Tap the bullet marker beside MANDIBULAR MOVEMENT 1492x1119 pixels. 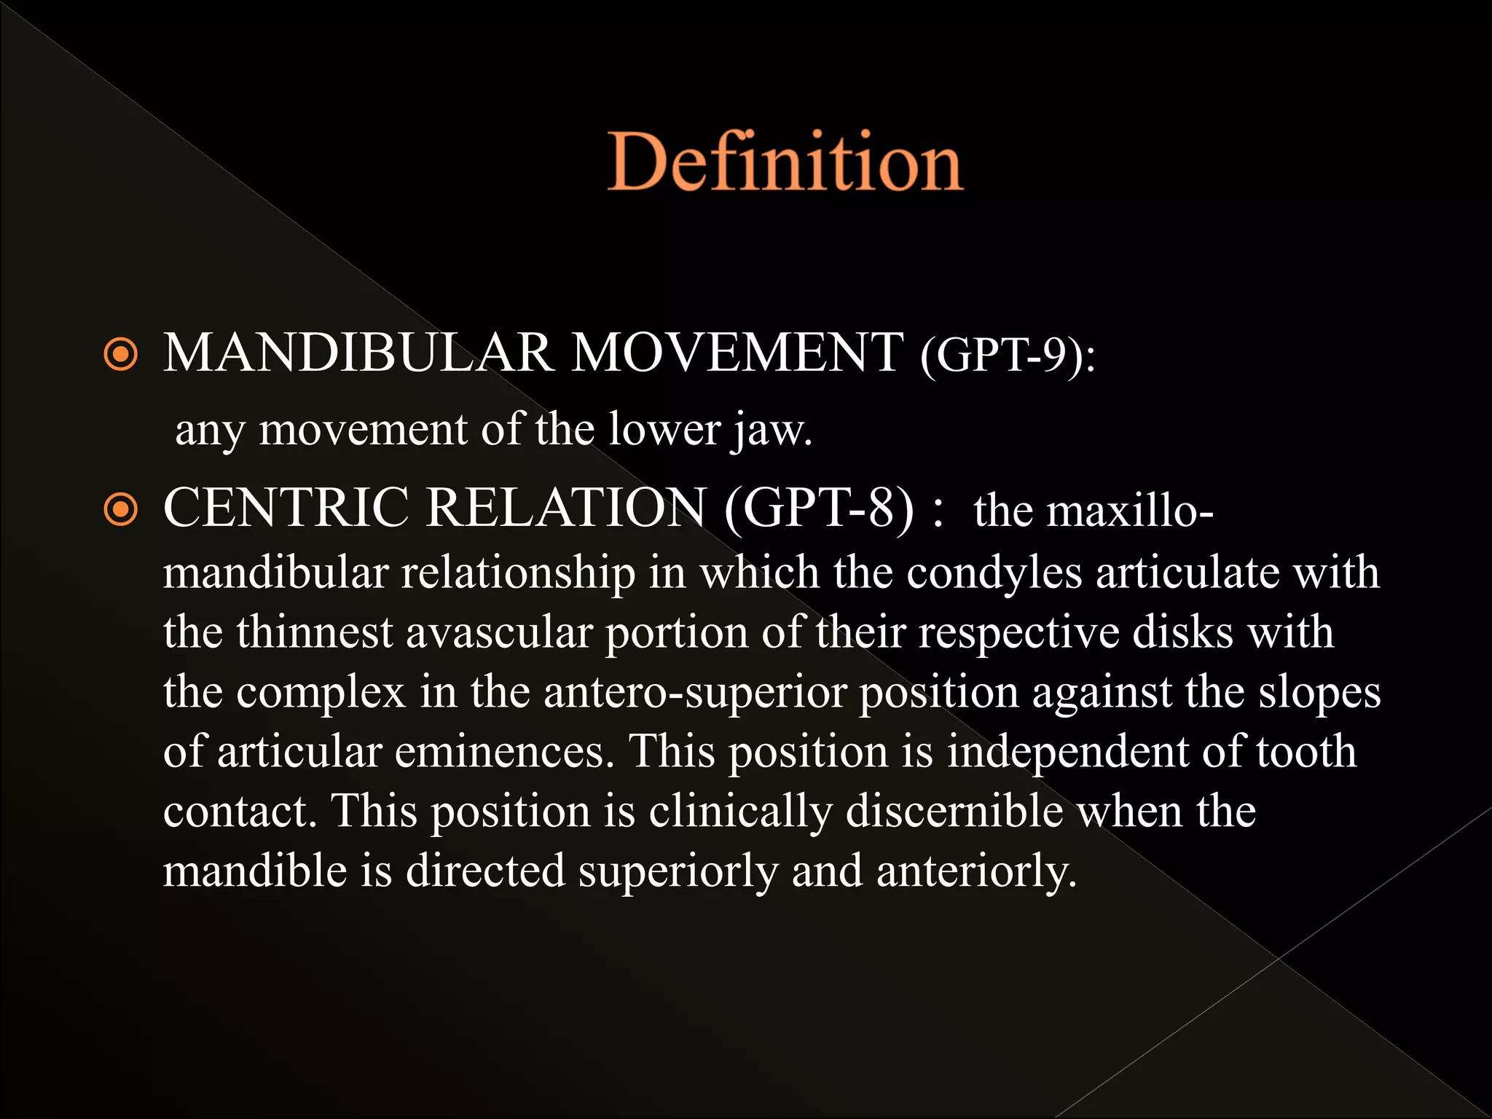(x=121, y=355)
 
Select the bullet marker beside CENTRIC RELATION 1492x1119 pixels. (x=121, y=509)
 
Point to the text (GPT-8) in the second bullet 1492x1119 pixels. (x=819, y=508)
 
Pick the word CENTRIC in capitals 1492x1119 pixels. (x=286, y=508)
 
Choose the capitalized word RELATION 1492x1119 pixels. (x=565, y=508)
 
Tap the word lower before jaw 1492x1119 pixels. (x=664, y=430)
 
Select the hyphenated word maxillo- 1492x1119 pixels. (x=1093, y=510)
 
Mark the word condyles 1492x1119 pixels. (x=994, y=573)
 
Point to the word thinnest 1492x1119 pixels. (x=315, y=632)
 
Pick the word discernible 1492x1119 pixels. (x=954, y=812)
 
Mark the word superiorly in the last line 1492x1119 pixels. (x=678, y=871)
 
